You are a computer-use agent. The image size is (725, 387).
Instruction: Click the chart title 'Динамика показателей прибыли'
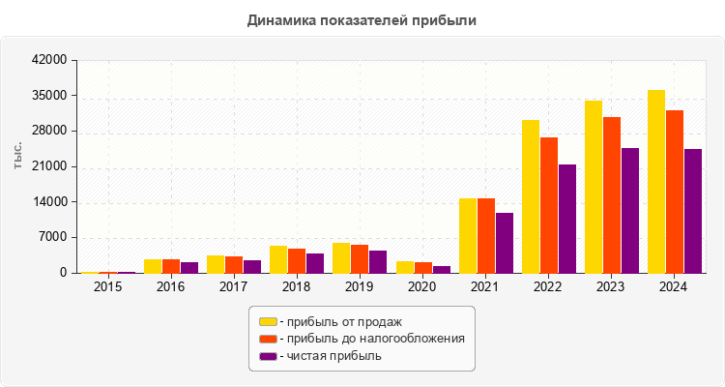click(362, 19)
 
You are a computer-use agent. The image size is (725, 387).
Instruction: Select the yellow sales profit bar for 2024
click(656, 182)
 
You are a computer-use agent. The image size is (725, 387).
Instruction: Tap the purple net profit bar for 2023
click(630, 211)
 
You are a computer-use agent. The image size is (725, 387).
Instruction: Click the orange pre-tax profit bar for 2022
click(549, 205)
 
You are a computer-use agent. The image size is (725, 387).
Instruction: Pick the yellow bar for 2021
click(468, 236)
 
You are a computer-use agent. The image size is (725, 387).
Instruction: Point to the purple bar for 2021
click(505, 243)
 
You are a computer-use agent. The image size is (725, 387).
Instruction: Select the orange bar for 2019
click(360, 259)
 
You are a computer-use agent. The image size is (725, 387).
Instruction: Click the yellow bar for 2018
click(278, 259)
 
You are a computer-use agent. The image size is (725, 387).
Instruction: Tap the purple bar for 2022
click(567, 219)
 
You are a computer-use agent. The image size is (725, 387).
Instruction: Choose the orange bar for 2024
click(675, 192)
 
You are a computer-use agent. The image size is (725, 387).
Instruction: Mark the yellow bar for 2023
click(594, 187)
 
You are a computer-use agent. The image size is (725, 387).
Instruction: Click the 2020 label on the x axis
click(423, 287)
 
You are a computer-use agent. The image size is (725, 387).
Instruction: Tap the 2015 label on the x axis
click(108, 287)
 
